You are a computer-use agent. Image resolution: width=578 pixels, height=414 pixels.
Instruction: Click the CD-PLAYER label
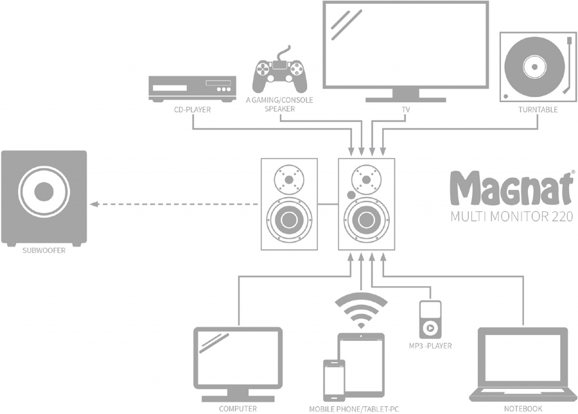(193, 110)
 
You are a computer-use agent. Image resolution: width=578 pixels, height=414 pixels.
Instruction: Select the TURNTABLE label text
(538, 110)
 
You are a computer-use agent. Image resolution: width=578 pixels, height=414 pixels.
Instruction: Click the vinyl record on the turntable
(534, 67)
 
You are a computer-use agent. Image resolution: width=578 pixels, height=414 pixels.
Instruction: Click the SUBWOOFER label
(44, 250)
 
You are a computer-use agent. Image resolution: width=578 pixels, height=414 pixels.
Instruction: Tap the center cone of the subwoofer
(44, 191)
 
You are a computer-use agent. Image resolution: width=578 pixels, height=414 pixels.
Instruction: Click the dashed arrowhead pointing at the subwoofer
(94, 204)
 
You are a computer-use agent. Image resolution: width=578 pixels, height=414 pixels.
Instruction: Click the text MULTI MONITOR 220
(512, 216)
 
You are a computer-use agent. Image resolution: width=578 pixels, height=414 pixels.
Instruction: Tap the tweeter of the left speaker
(290, 180)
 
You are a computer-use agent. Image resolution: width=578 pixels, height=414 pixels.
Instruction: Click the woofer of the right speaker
(367, 220)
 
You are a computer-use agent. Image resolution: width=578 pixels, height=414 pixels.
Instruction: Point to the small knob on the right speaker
(351, 194)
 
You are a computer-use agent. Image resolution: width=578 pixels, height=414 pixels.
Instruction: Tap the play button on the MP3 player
(430, 327)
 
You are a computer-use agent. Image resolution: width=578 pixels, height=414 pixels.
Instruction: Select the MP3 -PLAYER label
(430, 346)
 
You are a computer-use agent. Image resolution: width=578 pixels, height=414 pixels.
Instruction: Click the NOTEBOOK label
(523, 409)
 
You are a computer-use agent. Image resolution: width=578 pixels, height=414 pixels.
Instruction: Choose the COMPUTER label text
(238, 409)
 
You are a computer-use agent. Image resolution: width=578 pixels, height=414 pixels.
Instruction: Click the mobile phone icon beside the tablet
(335, 380)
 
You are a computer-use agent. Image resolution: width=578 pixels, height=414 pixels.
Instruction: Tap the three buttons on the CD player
(223, 89)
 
